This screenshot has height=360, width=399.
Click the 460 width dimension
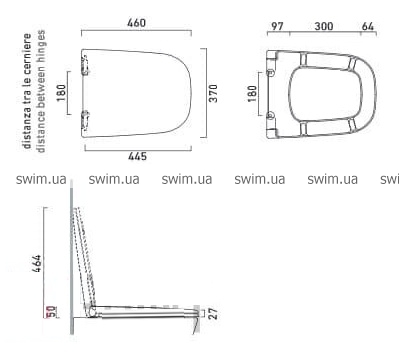136,23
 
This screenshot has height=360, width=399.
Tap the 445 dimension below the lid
137,156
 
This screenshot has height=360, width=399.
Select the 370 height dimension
213,93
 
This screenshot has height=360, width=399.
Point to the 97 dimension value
277,26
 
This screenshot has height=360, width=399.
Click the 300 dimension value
324,26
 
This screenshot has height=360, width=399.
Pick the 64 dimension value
368,26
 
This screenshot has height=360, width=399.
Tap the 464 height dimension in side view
37,263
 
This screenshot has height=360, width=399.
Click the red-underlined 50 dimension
52,312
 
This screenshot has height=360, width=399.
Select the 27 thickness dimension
213,314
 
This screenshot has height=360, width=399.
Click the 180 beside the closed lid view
61,93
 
